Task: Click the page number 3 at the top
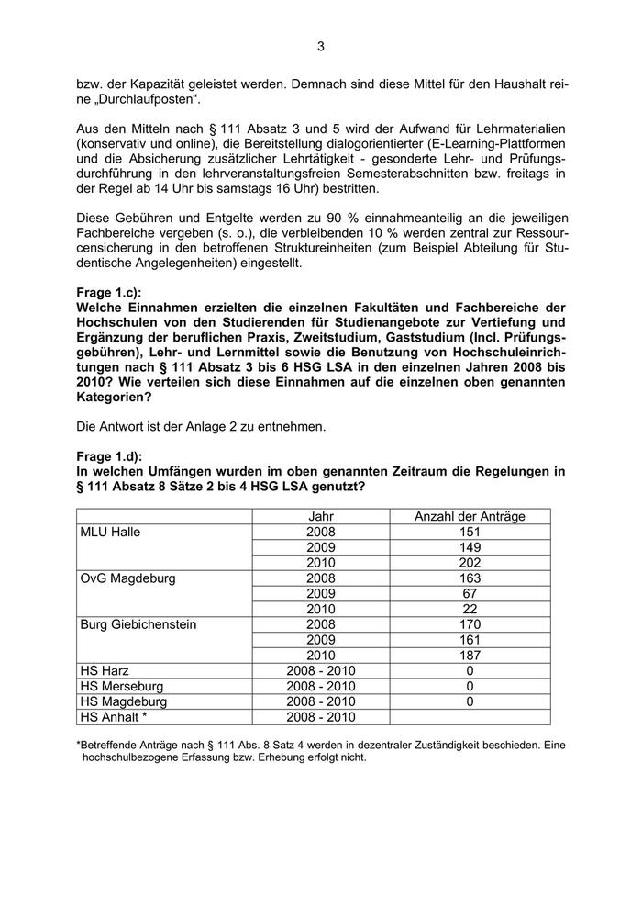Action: (x=321, y=47)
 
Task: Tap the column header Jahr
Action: (x=321, y=516)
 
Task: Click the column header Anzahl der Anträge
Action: (x=470, y=516)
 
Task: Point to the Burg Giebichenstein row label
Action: (x=138, y=624)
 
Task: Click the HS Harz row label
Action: (x=103, y=671)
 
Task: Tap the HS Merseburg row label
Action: (x=121, y=686)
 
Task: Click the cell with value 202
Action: (x=470, y=563)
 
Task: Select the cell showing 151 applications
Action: (x=470, y=532)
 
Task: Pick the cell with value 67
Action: (x=470, y=593)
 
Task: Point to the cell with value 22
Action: (x=470, y=609)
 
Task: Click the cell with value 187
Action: (x=470, y=656)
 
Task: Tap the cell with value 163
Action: (x=470, y=578)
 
